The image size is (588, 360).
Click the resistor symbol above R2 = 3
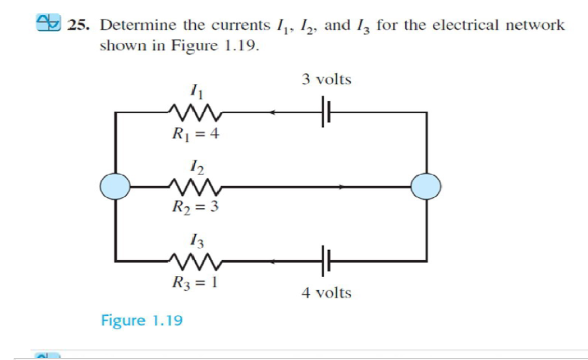[195, 187]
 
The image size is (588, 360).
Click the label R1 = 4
[194, 135]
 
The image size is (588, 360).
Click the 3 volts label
[326, 80]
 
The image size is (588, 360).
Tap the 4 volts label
[326, 293]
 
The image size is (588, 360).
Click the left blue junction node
[116, 187]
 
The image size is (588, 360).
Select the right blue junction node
[427, 187]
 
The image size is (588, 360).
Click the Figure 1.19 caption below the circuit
[142, 320]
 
